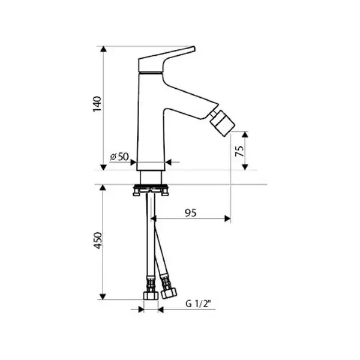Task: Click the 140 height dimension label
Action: (97, 104)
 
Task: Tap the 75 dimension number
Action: (239, 151)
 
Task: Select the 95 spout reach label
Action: (191, 213)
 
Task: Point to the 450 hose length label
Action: (98, 241)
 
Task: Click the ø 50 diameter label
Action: (119, 157)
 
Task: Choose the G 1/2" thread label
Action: (199, 304)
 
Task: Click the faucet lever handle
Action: (167, 59)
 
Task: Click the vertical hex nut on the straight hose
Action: (151, 295)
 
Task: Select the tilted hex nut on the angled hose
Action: (169, 293)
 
